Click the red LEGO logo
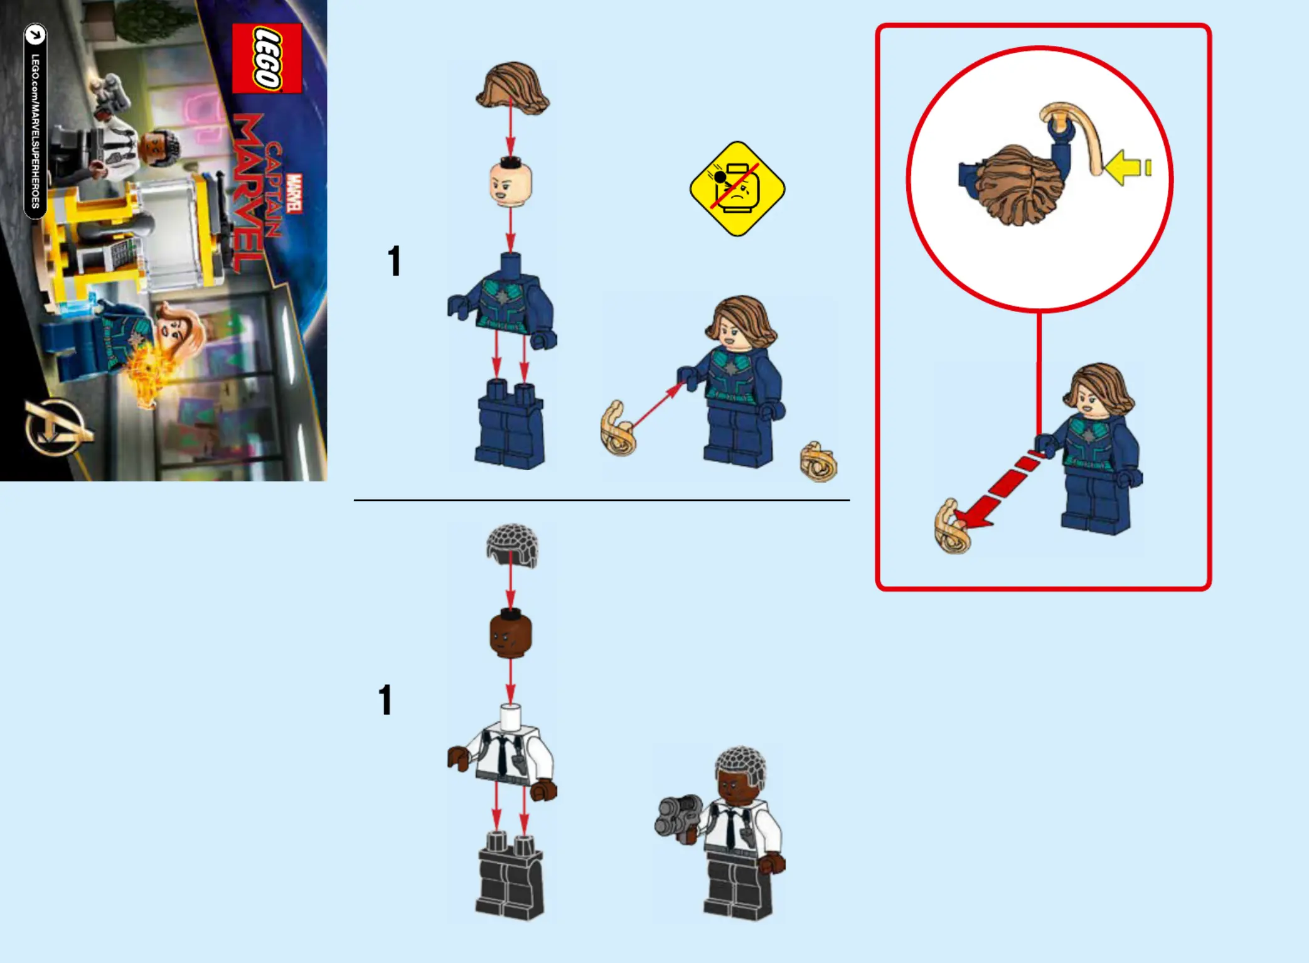click(267, 58)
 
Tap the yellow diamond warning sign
click(737, 188)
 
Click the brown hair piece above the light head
click(512, 89)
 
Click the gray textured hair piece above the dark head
click(512, 546)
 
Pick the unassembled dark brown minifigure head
click(510, 633)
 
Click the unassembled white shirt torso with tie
click(502, 753)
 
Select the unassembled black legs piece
click(510, 876)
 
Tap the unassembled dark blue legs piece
click(510, 424)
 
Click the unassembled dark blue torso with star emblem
click(502, 301)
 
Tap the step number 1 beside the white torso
click(385, 700)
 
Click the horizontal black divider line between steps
click(602, 500)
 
